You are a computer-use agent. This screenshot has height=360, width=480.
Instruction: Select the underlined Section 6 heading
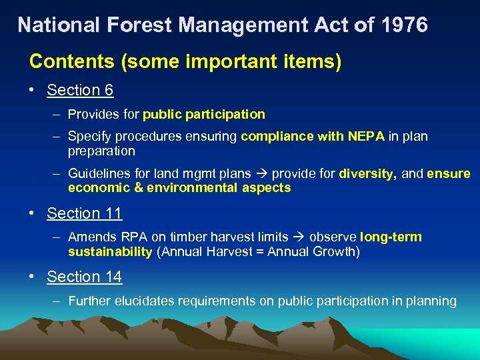coord(80,90)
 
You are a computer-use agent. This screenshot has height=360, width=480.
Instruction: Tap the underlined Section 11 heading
coord(84,213)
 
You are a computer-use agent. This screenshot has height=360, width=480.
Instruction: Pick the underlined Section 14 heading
coord(84,277)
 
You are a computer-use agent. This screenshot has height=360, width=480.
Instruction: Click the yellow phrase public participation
coord(204,114)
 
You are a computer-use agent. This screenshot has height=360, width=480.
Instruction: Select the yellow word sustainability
coord(110,251)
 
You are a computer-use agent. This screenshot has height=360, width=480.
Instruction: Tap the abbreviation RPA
coord(129,237)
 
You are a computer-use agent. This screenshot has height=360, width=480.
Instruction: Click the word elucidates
coord(143,301)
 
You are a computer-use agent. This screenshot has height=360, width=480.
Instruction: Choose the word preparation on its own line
coord(101,151)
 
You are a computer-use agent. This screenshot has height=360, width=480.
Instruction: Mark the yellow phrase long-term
coord(391,237)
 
